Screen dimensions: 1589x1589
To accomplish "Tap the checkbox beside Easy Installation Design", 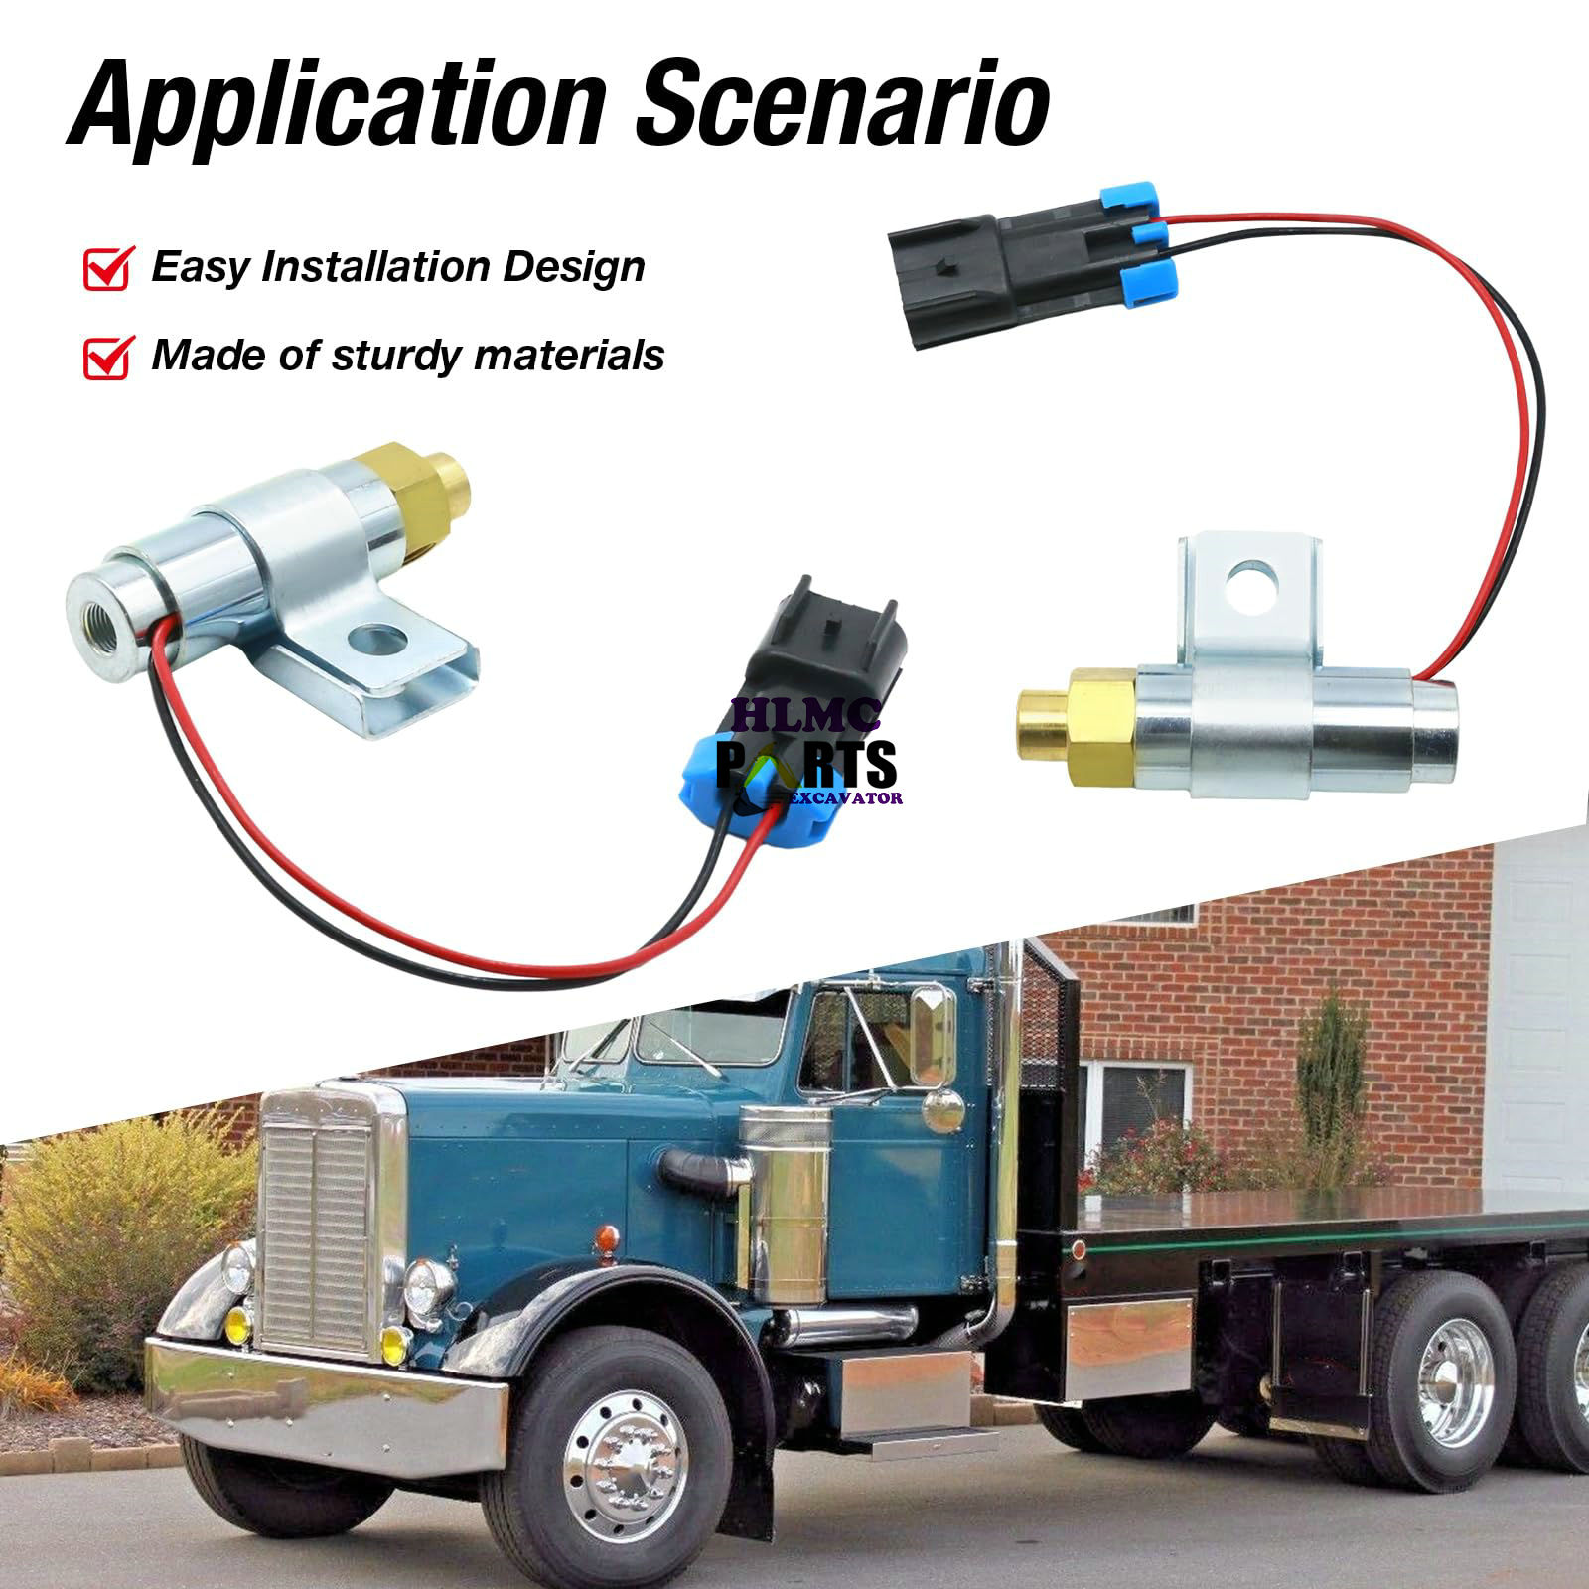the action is point(108,268).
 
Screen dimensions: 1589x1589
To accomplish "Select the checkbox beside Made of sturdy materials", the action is point(108,356).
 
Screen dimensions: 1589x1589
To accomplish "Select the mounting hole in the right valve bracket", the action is point(1252,583).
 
